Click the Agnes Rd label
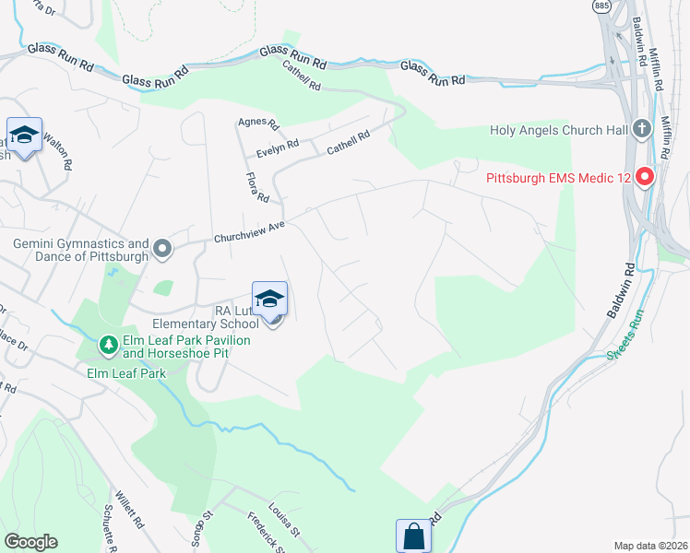click(257, 123)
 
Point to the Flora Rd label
click(256, 188)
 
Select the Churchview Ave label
click(250, 229)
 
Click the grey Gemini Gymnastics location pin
click(163, 248)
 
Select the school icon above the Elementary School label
click(269, 300)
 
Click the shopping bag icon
click(413, 535)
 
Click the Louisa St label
click(284, 519)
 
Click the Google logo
click(30, 542)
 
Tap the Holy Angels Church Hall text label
click(560, 130)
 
